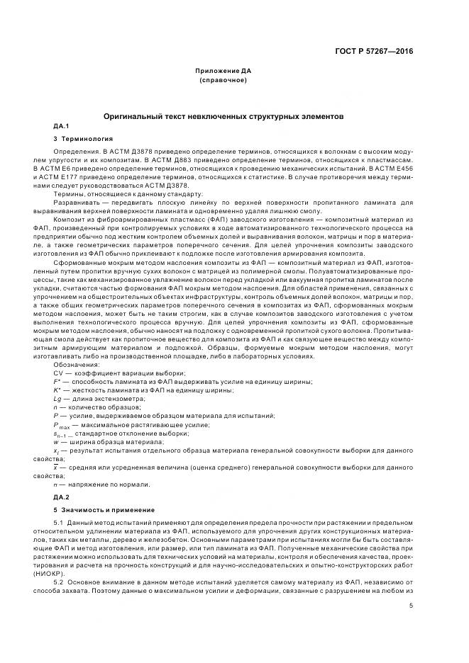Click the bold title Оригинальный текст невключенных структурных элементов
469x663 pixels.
pos(224,115)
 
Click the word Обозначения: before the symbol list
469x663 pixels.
pos(77,365)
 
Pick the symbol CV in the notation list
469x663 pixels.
pos(59,373)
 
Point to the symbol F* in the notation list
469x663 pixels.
pos(57,382)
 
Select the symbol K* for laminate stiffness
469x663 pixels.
pos(57,390)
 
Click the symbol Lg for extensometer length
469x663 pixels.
pos(58,399)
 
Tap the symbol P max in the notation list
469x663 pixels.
pos(62,424)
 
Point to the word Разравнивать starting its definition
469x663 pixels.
pos(74,203)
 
